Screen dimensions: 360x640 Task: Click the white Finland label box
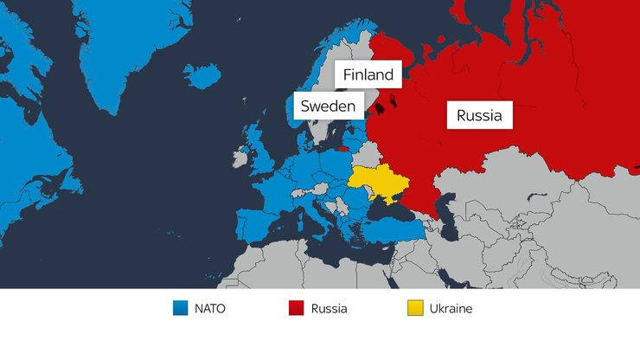(368, 75)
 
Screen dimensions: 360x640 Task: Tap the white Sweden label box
(327, 107)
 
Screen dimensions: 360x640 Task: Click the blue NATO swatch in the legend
(180, 308)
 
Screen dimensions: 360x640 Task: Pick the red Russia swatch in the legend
(296, 308)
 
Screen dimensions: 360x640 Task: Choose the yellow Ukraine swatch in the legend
(415, 308)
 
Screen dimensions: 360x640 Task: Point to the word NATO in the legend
(210, 308)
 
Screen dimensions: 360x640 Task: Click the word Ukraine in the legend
(451, 308)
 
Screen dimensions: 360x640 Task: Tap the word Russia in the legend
(329, 308)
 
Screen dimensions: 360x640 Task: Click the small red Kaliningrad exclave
(344, 148)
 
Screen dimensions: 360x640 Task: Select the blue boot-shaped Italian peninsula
(316, 217)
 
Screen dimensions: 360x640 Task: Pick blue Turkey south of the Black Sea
(394, 229)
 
